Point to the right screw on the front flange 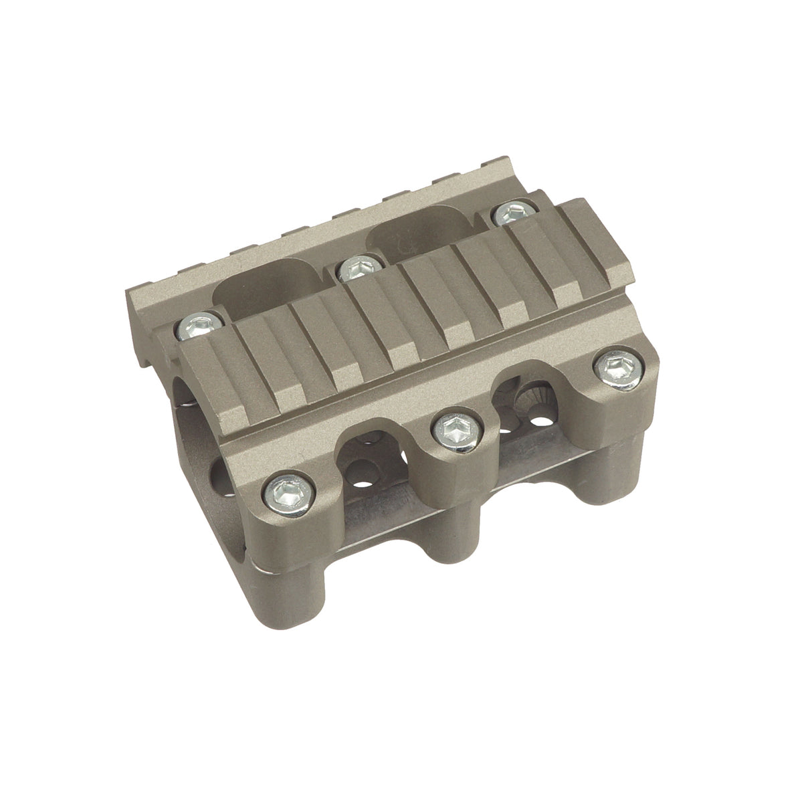tap(619, 367)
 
